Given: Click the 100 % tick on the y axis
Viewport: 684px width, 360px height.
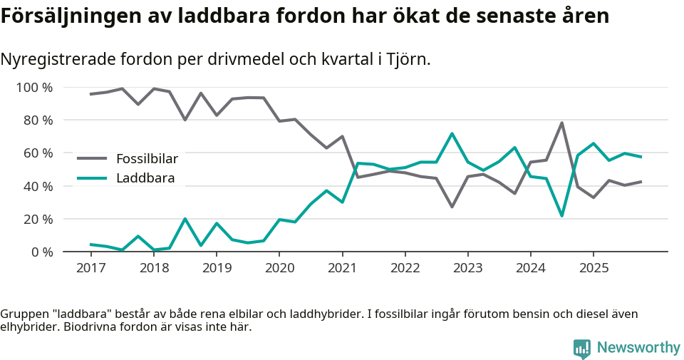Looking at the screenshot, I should pos(34,88).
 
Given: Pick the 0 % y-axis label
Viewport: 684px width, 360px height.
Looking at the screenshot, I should pos(40,252).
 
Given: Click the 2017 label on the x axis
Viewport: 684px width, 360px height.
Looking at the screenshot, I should pos(90,268).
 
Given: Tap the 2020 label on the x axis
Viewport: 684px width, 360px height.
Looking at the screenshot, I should pos(279,268).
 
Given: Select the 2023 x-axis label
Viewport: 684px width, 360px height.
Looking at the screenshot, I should pos(467,268).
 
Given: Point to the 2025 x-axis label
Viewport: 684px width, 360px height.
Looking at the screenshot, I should pos(594,268).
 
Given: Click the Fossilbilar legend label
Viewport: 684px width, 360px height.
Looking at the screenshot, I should pos(147,159).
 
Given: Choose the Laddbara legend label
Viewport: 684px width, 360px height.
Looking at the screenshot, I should pos(145,178).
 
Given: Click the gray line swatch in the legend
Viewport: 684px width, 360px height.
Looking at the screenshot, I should pos(92,159).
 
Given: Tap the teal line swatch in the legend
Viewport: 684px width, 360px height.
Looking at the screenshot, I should pos(92,178).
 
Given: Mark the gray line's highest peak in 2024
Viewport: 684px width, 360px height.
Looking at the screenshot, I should pos(562,123).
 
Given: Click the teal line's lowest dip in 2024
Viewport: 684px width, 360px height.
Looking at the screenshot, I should pos(562,215).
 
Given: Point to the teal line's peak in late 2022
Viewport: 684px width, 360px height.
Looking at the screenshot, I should pos(452,133).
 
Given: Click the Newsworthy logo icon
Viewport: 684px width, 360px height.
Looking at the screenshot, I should pos(582,348).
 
